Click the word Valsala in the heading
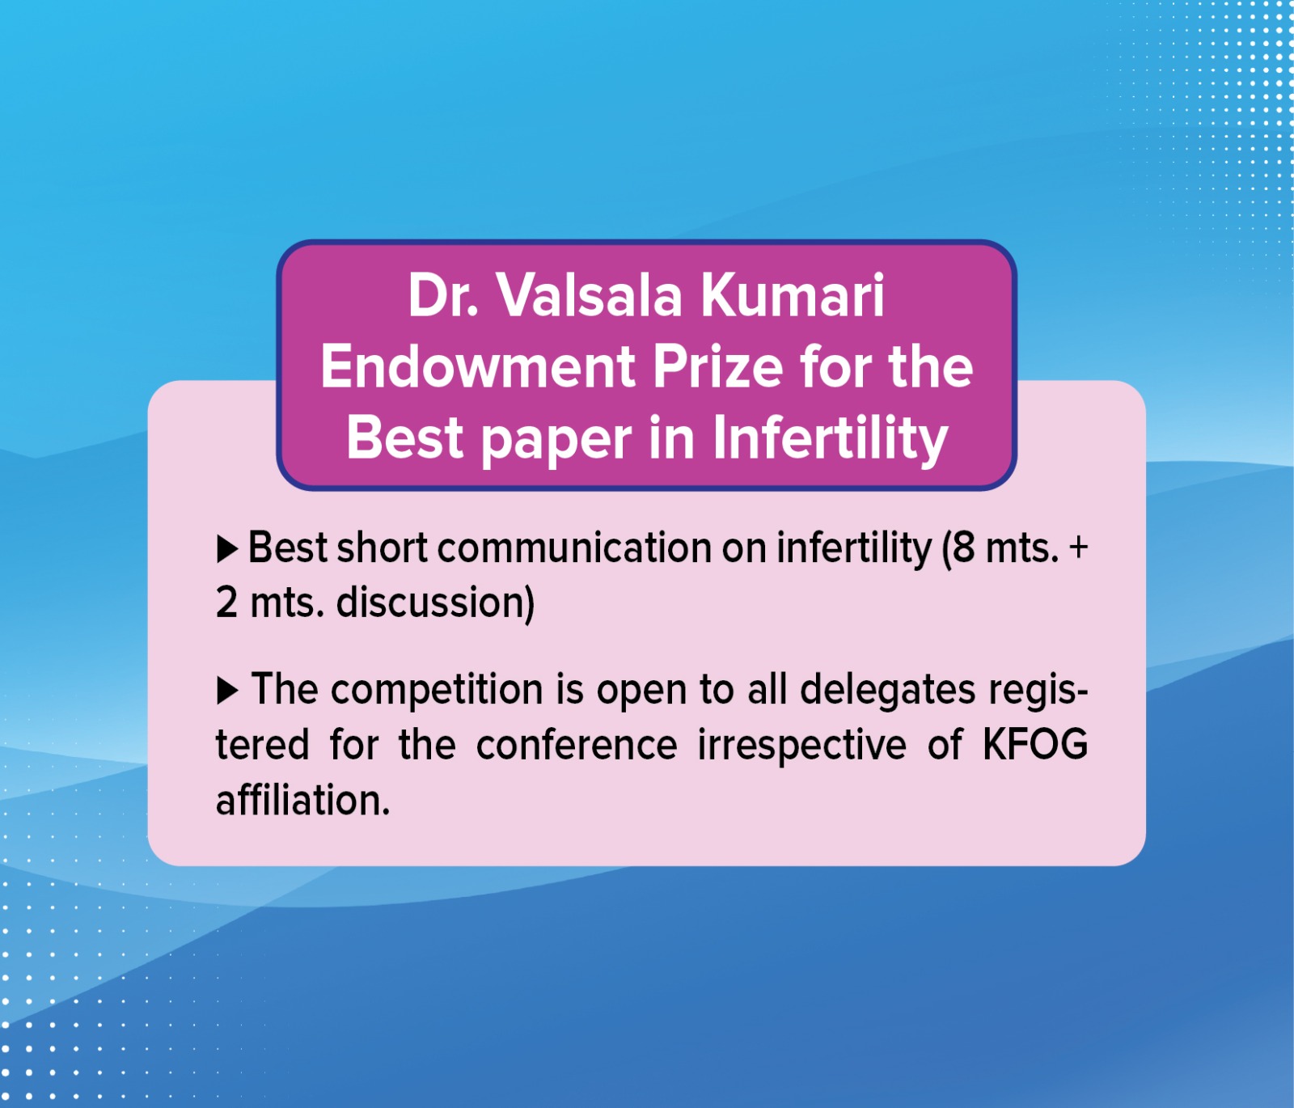click(590, 295)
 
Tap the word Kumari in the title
click(793, 295)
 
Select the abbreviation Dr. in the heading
click(443, 295)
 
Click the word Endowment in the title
click(478, 366)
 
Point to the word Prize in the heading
click(718, 366)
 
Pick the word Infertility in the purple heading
click(830, 439)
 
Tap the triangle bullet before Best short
click(227, 550)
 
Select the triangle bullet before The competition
click(227, 691)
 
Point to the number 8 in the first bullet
click(964, 548)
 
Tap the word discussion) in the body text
click(435, 604)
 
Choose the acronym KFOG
click(1035, 745)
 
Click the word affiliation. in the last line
click(303, 801)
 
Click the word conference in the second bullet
click(577, 746)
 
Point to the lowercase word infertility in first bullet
click(854, 549)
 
